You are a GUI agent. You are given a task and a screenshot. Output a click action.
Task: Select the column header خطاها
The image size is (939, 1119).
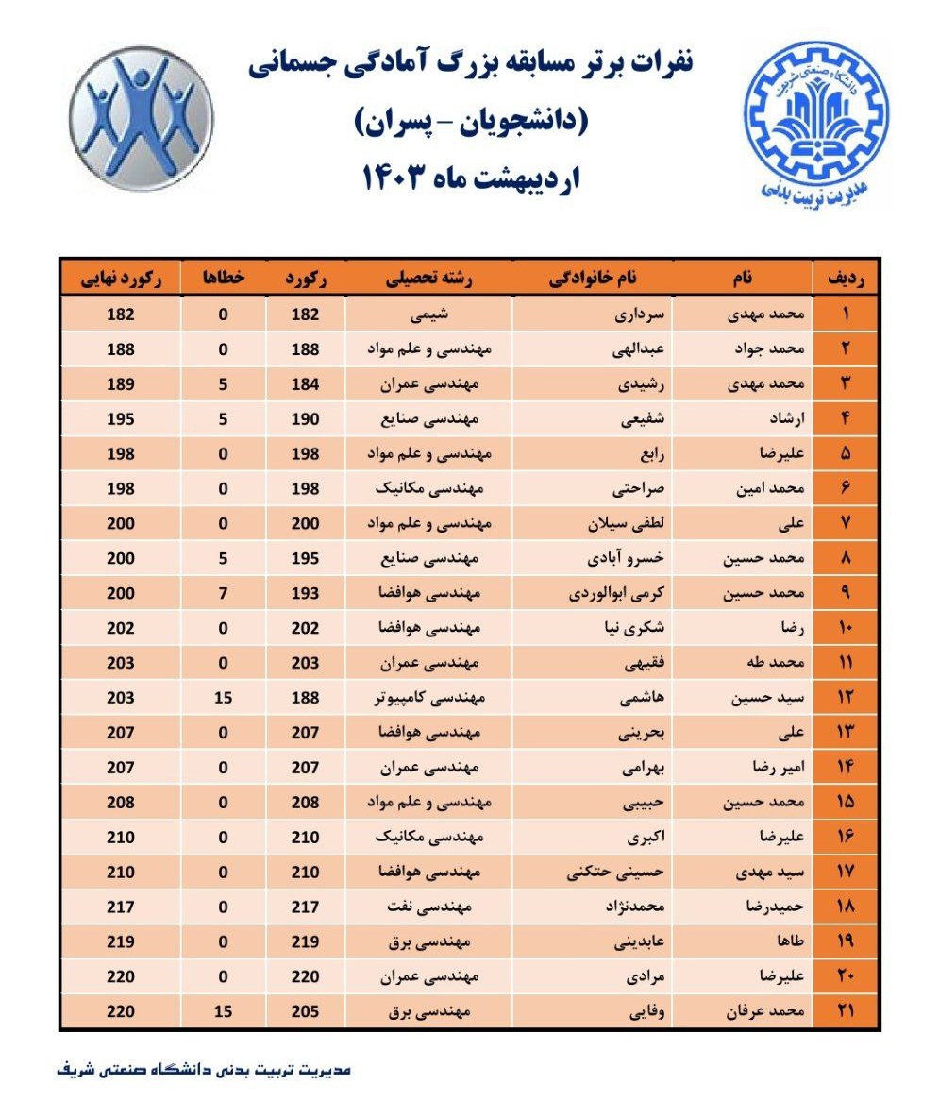click(x=224, y=279)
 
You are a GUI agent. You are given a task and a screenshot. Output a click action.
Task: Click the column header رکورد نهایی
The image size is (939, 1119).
click(x=120, y=279)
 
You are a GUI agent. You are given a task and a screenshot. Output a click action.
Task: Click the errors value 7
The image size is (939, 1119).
click(x=224, y=593)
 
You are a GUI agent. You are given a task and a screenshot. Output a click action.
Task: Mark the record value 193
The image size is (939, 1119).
click(x=307, y=593)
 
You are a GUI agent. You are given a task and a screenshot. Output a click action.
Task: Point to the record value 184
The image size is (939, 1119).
click(x=307, y=383)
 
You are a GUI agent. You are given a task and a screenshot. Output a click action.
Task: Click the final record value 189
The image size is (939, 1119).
click(x=121, y=383)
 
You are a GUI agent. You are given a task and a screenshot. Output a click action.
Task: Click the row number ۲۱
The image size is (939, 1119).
click(x=846, y=1012)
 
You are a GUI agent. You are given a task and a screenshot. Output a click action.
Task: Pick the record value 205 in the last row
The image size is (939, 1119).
click(x=307, y=1012)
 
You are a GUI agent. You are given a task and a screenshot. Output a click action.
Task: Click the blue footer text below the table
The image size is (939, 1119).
click(x=204, y=1071)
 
